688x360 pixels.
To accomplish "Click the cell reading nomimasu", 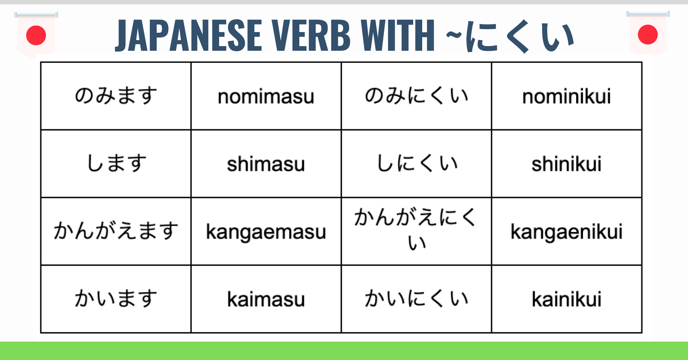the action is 266,96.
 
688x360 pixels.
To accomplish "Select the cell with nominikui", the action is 567,96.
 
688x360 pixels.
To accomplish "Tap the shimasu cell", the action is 266,164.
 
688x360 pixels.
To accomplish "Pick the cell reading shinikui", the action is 567,164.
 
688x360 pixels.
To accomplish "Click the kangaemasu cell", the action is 266,231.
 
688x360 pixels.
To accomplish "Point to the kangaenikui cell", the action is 567,231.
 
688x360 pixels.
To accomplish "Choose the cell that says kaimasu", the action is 266,299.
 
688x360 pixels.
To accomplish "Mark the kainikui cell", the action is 567,299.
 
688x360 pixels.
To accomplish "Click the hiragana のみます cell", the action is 116,96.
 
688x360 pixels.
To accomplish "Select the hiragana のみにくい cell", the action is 416,96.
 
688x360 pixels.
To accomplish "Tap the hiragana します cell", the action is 116,164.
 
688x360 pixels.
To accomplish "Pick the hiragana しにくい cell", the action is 416,164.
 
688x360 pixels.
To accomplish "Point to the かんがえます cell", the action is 116,231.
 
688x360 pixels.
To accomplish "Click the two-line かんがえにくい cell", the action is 416,231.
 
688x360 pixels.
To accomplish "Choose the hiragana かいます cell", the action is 116,299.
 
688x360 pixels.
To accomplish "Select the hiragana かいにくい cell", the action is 416,299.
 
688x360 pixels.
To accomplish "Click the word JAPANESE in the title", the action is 188,36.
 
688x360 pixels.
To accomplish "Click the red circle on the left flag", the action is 36,35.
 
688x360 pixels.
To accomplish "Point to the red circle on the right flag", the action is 648,35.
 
